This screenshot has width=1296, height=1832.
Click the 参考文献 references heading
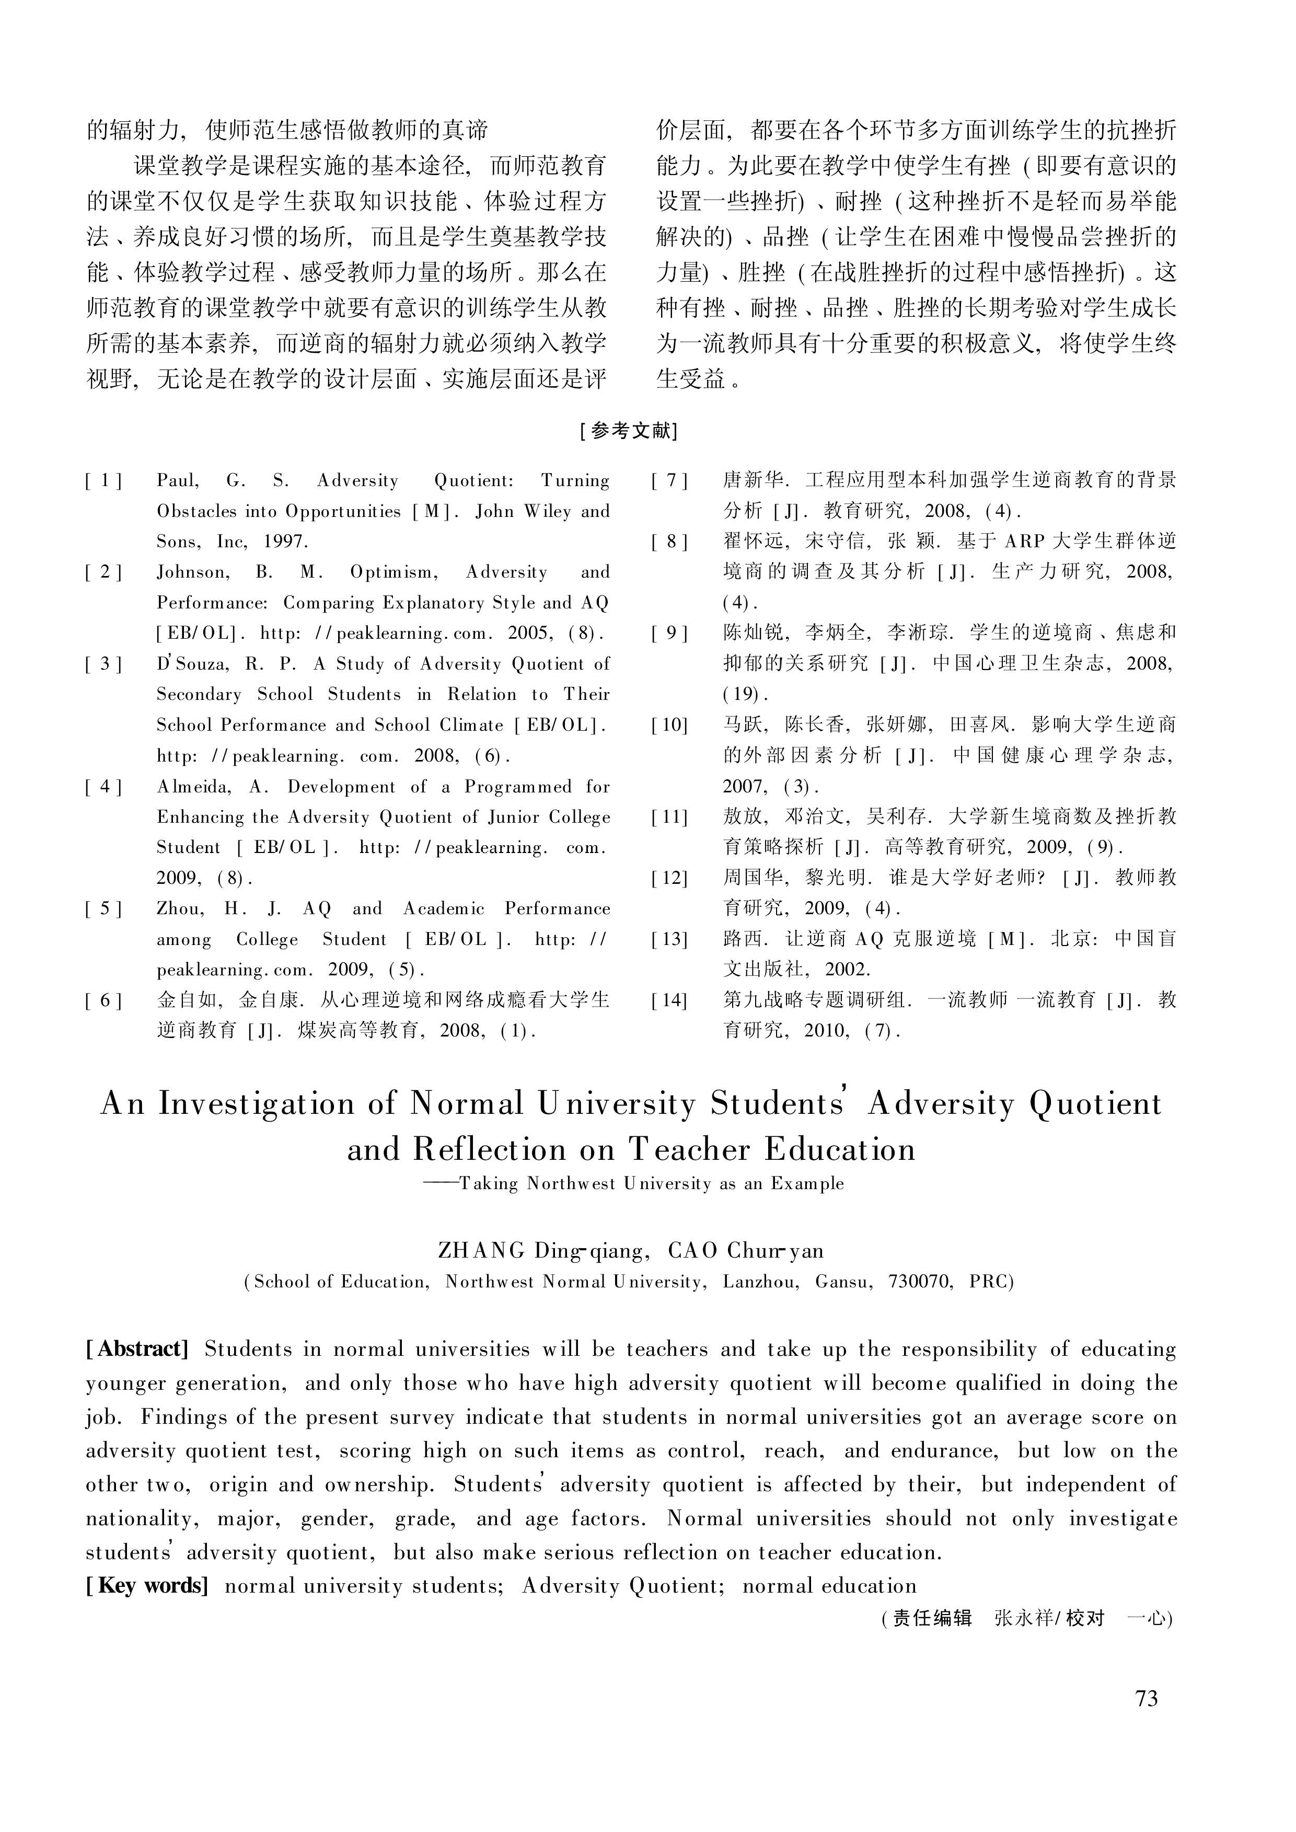tap(630, 431)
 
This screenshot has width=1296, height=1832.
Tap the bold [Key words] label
tap(147, 1585)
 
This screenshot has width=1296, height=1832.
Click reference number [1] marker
tap(104, 480)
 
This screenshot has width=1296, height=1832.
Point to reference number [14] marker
tap(669, 1000)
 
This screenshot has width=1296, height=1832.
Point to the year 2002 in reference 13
tap(848, 970)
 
